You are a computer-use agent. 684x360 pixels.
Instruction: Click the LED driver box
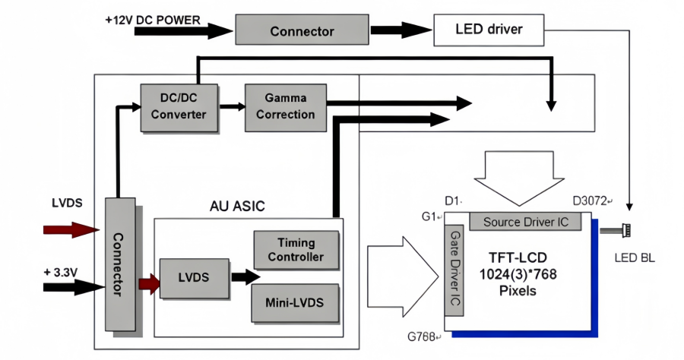coord(489,30)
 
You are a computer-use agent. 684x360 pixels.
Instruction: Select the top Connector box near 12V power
coord(302,31)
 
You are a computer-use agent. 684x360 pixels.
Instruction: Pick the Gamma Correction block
coord(285,106)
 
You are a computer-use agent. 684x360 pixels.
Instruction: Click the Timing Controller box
coord(296,249)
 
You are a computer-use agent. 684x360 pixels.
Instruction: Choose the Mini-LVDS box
coord(296,302)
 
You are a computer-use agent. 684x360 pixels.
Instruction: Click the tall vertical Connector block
coord(123,264)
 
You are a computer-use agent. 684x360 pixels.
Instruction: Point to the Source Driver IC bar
coord(525,222)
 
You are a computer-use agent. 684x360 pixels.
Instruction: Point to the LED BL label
coord(634,259)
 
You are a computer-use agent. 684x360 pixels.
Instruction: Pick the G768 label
coord(423,336)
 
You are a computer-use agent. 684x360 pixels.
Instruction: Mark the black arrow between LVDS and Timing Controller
coord(245,277)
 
